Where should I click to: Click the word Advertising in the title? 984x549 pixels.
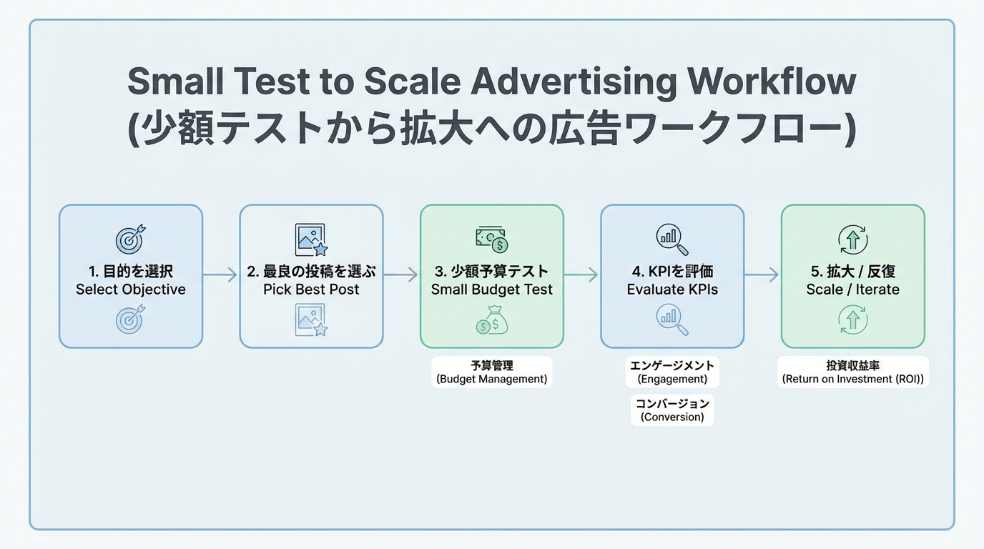[x=573, y=83]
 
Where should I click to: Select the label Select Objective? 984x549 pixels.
[x=131, y=290]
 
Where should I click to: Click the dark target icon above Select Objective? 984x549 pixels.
[x=130, y=240]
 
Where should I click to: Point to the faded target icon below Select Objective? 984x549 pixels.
[x=130, y=320]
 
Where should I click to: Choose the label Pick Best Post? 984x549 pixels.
[x=311, y=290]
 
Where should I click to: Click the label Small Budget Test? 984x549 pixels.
[x=492, y=290]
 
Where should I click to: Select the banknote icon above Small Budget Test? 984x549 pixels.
[x=492, y=239]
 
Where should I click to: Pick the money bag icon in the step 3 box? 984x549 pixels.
[x=492, y=320]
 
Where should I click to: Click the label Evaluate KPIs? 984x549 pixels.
[x=672, y=290]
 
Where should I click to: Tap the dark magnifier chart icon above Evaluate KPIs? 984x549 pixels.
[x=672, y=239]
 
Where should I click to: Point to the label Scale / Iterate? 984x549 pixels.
[x=853, y=290]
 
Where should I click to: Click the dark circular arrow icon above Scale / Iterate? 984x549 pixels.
[x=853, y=239]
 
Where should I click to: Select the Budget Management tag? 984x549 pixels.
[x=492, y=372]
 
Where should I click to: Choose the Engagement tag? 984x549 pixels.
[x=672, y=372]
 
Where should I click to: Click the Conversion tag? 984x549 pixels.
[x=672, y=410]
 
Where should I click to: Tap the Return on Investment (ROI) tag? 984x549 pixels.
[x=853, y=372]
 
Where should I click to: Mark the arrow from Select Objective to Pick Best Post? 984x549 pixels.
[x=220, y=274]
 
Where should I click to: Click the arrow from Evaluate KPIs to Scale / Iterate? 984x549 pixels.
[x=762, y=274]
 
